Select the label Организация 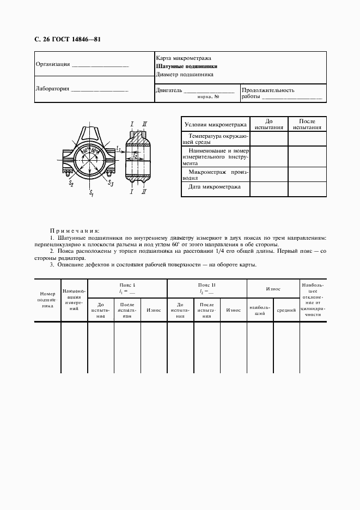tap(52, 64)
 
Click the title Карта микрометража tap(184, 58)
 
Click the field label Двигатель tap(168, 90)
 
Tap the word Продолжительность tap(268, 90)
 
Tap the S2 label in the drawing tap(71, 184)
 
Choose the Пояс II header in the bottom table tap(207, 285)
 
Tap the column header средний tap(286, 309)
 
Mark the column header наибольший tap(260, 309)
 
